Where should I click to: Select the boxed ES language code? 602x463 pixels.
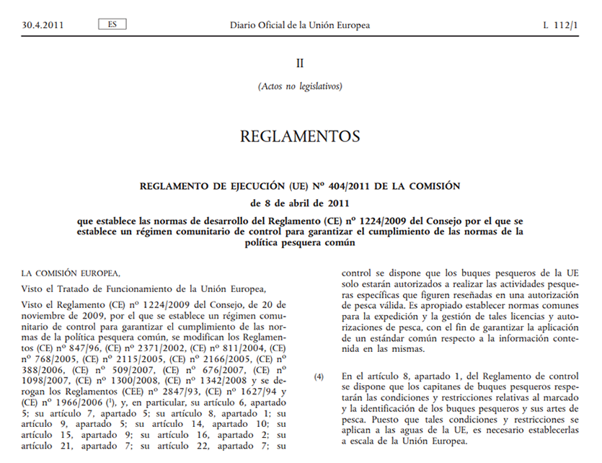(x=112, y=25)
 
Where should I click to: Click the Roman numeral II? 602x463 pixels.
(x=300, y=63)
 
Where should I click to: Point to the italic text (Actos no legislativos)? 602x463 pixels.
(x=300, y=87)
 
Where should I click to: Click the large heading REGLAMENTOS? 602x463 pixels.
(x=300, y=136)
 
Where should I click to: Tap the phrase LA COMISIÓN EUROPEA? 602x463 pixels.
(x=71, y=273)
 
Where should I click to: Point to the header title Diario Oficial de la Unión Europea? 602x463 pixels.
(x=300, y=25)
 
